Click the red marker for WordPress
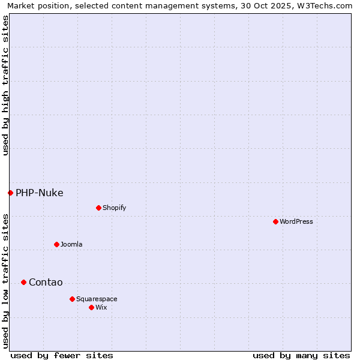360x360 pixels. [275, 221]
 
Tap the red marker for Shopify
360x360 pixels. [98, 208]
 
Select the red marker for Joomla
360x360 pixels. [56, 244]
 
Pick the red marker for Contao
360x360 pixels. [23, 282]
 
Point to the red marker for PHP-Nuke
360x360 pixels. [10, 193]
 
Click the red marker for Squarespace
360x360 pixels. [72, 299]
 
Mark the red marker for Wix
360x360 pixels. [91, 307]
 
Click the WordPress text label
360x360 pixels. [296, 221]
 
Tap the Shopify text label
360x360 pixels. [114, 208]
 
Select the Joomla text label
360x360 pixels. [71, 244]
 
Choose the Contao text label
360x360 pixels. [46, 283]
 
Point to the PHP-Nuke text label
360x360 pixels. [40, 193]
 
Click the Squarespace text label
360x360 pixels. [97, 299]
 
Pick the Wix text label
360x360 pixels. [101, 307]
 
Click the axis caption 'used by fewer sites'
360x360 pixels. [62, 355]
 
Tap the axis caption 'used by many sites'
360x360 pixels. [301, 355]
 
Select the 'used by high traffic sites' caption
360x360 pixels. [5, 86]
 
